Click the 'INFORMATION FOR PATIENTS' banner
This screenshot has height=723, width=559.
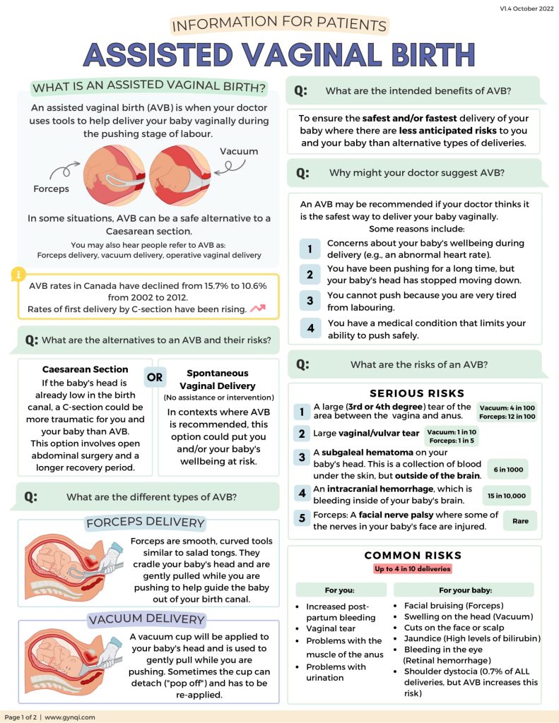[x=279, y=25]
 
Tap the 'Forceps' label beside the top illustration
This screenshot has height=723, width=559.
[x=51, y=189]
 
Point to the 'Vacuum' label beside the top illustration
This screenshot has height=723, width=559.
[x=238, y=151]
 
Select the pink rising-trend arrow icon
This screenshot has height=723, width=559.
[x=257, y=309]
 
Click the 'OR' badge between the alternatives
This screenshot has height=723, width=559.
[x=155, y=377]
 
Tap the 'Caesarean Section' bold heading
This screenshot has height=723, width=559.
[x=85, y=369]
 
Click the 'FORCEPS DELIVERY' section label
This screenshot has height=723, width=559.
[x=145, y=523]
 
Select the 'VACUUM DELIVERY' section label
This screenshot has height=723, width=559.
[x=146, y=620]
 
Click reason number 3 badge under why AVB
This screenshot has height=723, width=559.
[x=310, y=300]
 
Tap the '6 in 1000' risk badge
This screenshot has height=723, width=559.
[x=507, y=470]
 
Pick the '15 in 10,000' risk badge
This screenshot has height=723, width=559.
[x=507, y=496]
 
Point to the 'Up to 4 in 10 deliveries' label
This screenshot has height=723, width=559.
[x=413, y=568]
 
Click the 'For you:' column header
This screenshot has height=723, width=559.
[x=340, y=590]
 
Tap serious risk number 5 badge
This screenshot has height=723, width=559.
[x=302, y=519]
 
